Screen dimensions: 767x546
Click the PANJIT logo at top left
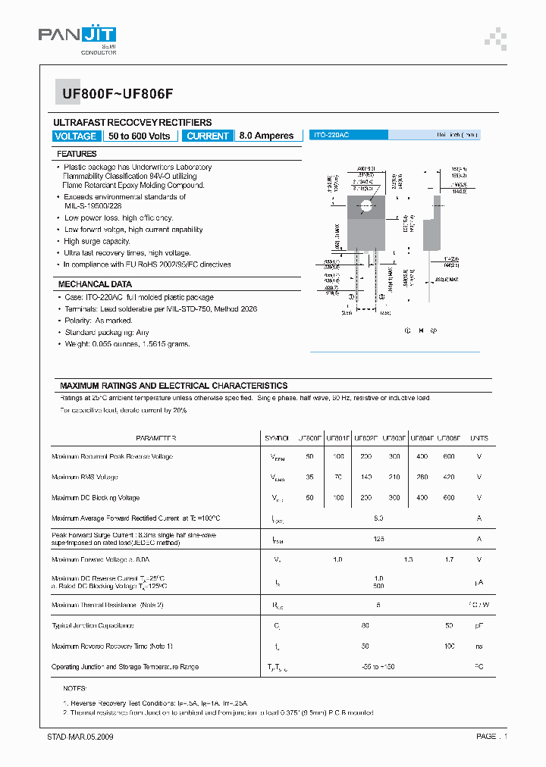(78, 36)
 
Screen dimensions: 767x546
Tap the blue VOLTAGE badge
(76, 136)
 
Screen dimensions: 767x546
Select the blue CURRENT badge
(207, 136)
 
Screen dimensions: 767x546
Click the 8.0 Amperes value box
(266, 136)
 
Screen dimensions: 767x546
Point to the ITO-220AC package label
(331, 135)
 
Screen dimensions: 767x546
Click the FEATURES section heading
(77, 154)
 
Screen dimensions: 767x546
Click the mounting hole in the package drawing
(367, 205)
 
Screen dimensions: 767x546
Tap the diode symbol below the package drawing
(421, 330)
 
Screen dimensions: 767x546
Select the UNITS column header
(479, 438)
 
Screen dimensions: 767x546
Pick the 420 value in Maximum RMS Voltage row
(449, 477)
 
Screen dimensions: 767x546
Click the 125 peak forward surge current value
(379, 539)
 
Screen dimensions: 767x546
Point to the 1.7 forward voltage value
(449, 559)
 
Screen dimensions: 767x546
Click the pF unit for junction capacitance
(479, 626)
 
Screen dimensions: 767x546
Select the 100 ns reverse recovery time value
(449, 646)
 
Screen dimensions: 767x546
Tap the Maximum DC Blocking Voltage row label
(96, 498)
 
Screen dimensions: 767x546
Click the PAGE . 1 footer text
(491, 737)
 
